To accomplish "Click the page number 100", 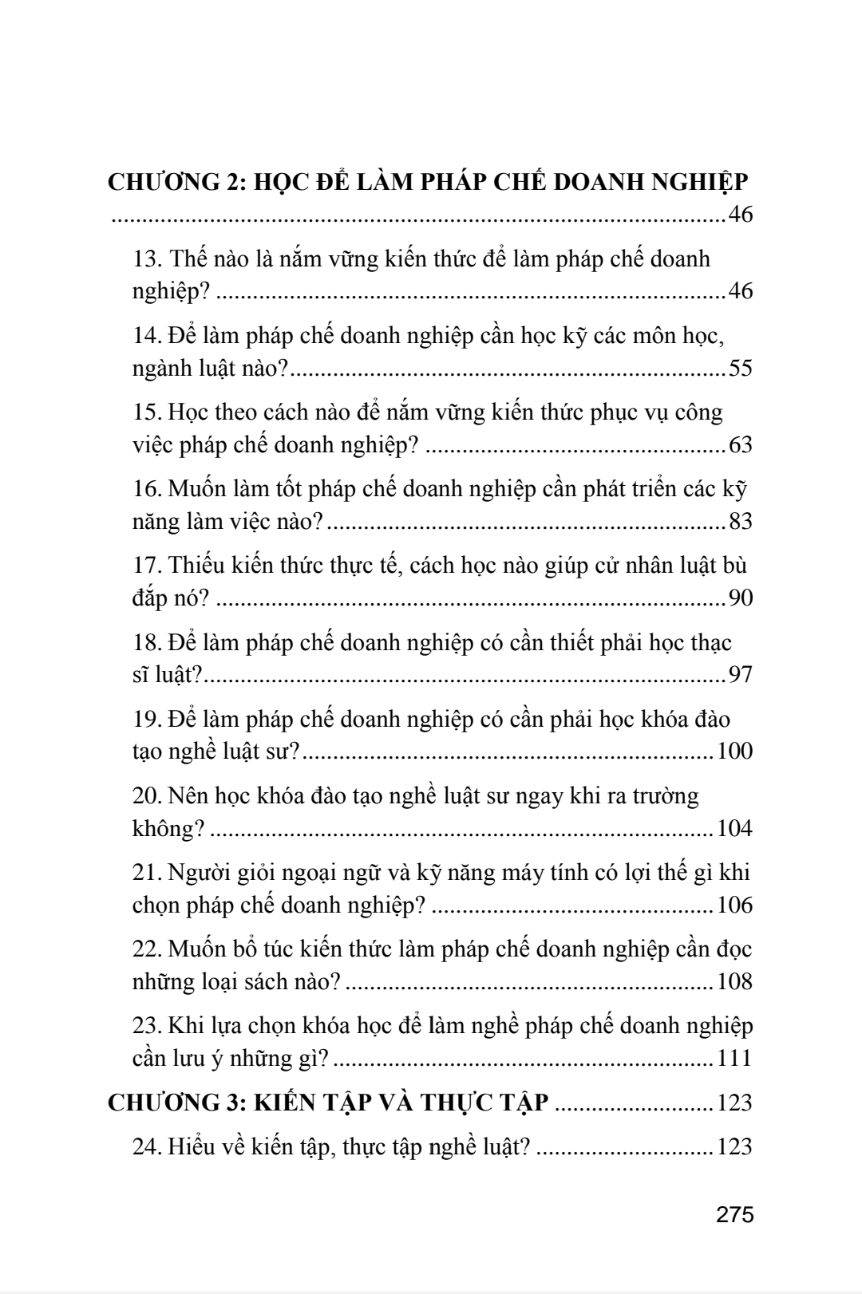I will (x=735, y=751).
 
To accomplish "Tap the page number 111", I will (x=735, y=1058).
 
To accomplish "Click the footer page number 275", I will (x=735, y=1215).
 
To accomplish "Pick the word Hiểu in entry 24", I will (x=192, y=1146).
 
